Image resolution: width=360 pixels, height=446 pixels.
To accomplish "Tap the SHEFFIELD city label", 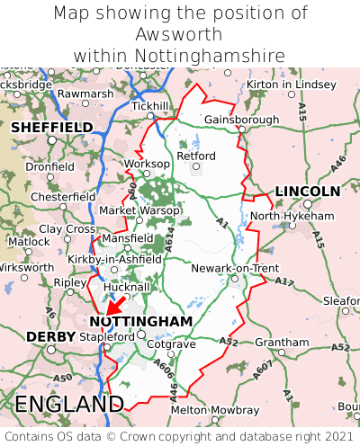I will (51, 128).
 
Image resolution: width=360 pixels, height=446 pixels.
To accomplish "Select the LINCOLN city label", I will (307, 192).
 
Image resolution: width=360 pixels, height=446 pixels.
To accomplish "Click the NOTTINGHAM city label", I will (141, 321).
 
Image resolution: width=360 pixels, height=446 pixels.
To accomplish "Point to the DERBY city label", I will (44, 336).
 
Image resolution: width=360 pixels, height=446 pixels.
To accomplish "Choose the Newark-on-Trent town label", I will (235, 268).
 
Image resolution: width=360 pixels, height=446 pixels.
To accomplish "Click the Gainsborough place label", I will (241, 119).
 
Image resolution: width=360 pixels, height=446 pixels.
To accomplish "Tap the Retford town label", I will (197, 156).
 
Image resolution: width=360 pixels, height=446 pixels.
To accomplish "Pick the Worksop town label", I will (146, 164).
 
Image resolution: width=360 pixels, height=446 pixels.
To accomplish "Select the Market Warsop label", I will (139, 210).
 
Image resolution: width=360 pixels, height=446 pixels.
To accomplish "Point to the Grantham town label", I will (281, 343).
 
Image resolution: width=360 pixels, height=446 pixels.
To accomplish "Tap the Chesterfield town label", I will (62, 197).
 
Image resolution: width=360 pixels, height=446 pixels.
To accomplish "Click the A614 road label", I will (168, 238).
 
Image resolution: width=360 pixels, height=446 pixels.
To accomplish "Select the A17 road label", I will (284, 281).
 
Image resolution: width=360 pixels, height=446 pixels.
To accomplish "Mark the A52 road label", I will (229, 341).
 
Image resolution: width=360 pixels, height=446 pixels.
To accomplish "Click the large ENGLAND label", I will (68, 403).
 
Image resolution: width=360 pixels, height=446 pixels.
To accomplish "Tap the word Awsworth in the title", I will (180, 34).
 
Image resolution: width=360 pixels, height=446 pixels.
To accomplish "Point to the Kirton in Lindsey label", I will (291, 84).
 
